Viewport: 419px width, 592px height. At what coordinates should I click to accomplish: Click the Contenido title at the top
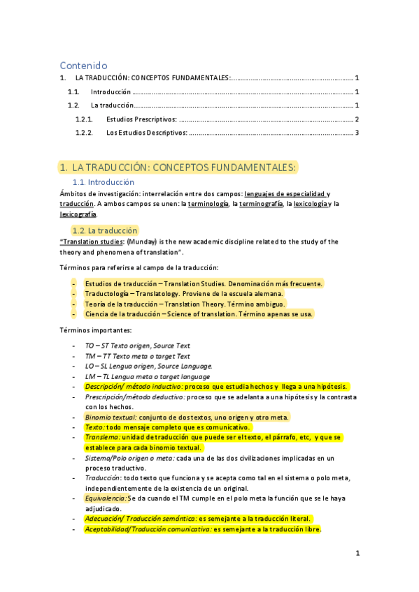coord(83,65)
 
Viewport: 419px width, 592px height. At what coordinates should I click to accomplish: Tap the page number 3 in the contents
coord(357,133)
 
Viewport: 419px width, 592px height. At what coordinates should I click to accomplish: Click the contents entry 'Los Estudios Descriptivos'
coord(147,133)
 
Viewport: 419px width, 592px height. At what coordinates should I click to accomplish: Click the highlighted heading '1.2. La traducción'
coord(105,230)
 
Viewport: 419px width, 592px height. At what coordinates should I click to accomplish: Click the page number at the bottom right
coord(357,553)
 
